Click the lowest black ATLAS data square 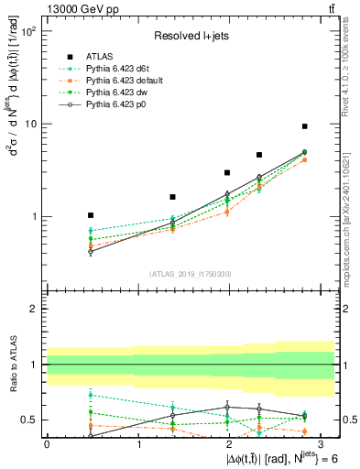90,214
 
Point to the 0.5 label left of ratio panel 28,420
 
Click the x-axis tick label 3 322,444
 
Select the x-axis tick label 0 47,444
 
